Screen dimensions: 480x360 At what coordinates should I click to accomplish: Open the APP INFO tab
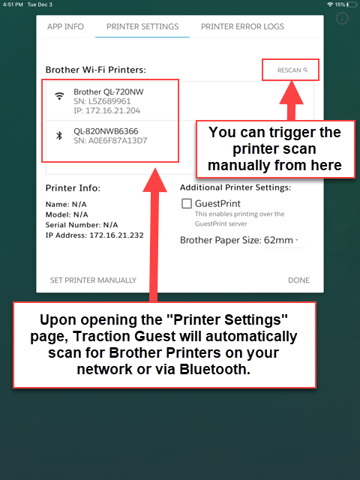click(65, 27)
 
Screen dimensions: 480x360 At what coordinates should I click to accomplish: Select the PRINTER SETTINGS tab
click(142, 27)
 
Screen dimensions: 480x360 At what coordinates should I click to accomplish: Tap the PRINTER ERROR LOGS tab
click(242, 27)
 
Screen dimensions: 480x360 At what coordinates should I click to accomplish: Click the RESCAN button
click(292, 70)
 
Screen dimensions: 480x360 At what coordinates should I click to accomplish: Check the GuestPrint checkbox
click(187, 203)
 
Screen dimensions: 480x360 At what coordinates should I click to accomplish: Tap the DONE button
click(298, 280)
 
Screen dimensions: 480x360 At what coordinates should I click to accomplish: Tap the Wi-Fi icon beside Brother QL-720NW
click(59, 96)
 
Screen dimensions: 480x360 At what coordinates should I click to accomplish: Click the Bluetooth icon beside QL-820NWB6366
click(59, 135)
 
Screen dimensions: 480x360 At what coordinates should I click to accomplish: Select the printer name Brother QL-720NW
click(108, 91)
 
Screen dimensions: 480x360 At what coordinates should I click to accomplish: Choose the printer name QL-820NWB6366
click(106, 130)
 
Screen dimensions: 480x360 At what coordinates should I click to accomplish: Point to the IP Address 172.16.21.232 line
click(94, 235)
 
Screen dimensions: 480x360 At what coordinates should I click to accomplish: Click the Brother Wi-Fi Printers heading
click(95, 70)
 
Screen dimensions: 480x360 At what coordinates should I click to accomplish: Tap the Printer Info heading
click(73, 188)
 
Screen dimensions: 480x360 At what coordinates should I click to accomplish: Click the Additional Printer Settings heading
click(235, 187)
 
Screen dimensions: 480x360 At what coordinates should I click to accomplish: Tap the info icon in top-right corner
click(342, 19)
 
